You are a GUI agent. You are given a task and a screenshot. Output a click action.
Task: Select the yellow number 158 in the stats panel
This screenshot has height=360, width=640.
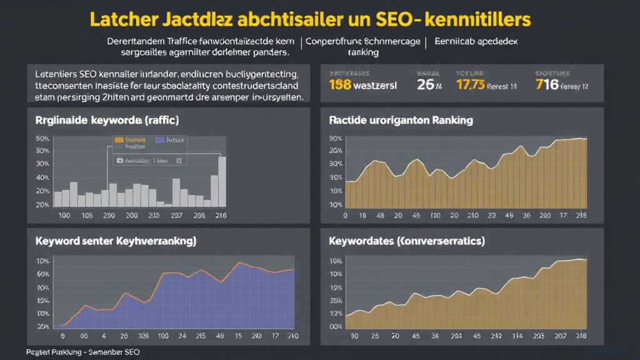pyautogui.click(x=342, y=84)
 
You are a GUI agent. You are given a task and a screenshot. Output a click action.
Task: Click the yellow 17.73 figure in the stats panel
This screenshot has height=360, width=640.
pyautogui.click(x=471, y=84)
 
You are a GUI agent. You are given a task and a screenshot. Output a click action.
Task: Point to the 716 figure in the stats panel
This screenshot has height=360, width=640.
pyautogui.click(x=547, y=84)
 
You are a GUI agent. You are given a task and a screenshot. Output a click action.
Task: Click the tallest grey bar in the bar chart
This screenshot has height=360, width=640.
pyautogui.click(x=222, y=181)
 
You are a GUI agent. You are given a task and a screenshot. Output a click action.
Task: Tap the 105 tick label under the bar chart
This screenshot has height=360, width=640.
pyautogui.click(x=87, y=216)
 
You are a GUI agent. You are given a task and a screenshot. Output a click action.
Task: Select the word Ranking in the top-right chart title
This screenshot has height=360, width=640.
pyautogui.click(x=452, y=119)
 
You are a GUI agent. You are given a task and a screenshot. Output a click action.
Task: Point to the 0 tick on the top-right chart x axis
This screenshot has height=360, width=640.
pyautogui.click(x=345, y=216)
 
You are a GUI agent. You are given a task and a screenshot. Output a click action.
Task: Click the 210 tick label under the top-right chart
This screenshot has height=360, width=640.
pyautogui.click(x=580, y=216)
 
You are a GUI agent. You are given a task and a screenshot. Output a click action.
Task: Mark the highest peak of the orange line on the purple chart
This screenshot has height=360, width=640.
pyautogui.click(x=238, y=262)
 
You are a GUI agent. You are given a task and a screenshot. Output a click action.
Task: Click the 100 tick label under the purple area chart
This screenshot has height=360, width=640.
pyautogui.click(x=164, y=336)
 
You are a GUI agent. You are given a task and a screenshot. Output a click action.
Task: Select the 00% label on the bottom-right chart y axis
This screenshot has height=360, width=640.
pyautogui.click(x=336, y=326)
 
